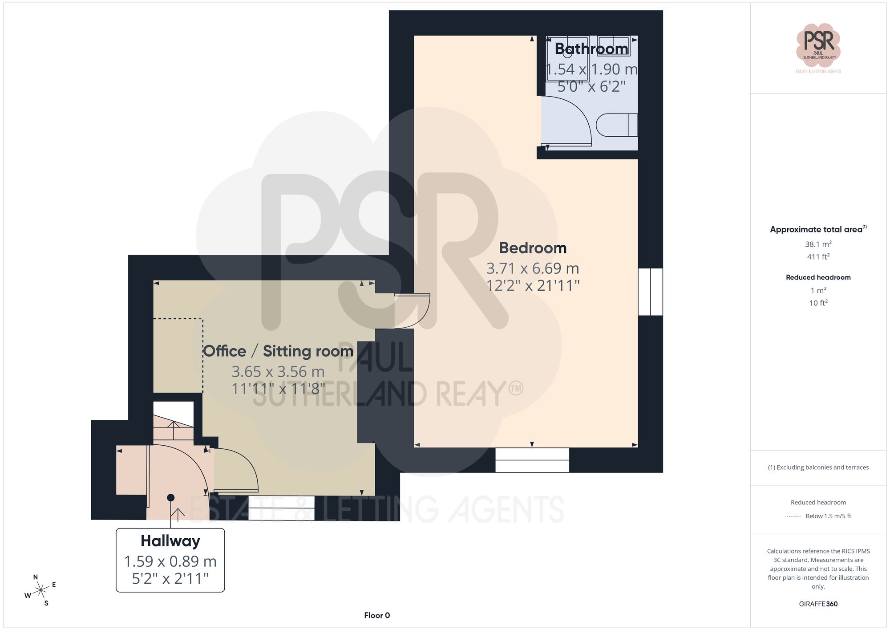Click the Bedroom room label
533,248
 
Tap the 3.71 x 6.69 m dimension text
533,268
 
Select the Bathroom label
591,49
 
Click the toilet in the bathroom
616,125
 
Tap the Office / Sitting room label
278,351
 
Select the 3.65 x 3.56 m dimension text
278,372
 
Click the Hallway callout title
170,541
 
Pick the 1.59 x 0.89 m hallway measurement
170,561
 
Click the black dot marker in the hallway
170,498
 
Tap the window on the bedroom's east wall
650,292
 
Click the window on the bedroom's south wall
532,460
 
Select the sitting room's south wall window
281,508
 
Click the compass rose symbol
41,590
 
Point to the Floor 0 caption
377,615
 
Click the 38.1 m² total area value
818,244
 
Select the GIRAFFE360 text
818,604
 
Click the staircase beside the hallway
174,427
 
